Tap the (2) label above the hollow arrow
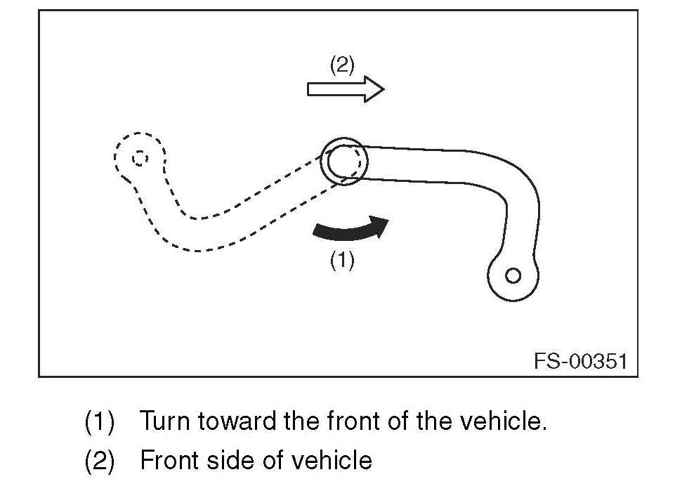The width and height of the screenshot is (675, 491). (342, 65)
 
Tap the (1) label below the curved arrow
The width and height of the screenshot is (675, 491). (342, 261)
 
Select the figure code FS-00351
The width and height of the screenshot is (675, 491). (579, 361)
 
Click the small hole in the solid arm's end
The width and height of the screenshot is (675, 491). (513, 275)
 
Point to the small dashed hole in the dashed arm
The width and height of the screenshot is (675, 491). (139, 157)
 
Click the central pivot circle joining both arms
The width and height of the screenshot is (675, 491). (342, 161)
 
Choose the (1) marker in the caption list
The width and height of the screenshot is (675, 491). (99, 422)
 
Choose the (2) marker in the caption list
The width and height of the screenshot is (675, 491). (99, 461)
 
